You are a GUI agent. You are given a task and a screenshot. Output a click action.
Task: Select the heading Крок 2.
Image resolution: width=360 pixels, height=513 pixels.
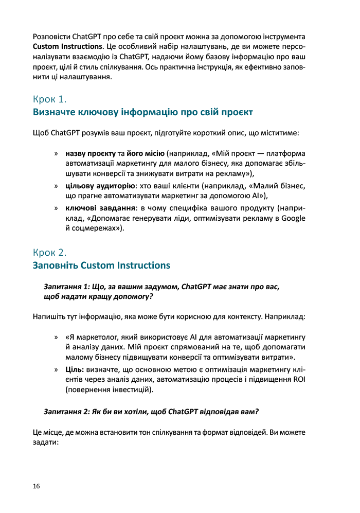tap(50, 253)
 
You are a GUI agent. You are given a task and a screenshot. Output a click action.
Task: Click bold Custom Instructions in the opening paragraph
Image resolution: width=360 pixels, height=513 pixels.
tap(65, 46)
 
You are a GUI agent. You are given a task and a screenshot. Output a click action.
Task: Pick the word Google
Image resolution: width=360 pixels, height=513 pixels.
tap(293, 218)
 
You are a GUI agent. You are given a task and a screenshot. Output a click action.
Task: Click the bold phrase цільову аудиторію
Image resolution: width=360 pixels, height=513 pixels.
tap(100, 186)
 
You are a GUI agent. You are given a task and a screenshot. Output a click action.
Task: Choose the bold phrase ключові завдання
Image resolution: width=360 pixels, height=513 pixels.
tap(96, 208)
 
